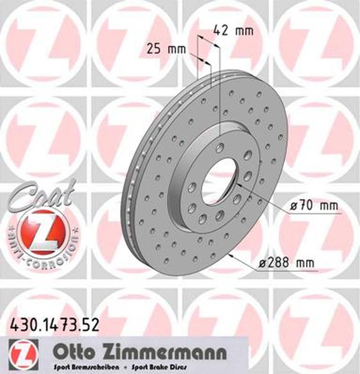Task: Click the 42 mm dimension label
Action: point(233,31)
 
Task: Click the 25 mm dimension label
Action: point(166,48)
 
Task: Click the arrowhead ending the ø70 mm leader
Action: point(237,186)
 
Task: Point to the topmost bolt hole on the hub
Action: point(220,148)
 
